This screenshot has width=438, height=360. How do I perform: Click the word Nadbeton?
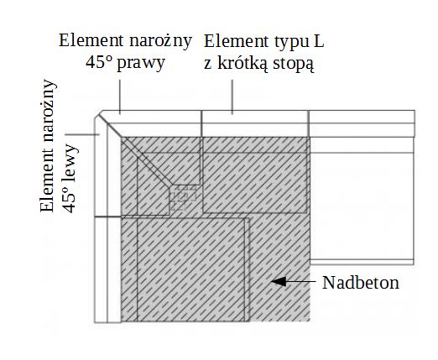point(361,283)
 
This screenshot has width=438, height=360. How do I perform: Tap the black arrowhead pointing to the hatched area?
point(279,281)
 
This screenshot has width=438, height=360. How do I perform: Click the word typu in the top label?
point(289,42)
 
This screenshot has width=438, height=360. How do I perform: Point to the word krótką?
point(242,64)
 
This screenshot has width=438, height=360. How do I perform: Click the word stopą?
point(294,65)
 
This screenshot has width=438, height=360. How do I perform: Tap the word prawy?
point(141,63)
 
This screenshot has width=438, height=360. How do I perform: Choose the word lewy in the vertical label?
point(71,157)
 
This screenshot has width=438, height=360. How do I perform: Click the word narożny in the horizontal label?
point(160,41)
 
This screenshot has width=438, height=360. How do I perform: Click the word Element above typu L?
point(236,41)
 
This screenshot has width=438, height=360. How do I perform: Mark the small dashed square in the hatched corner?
point(183,197)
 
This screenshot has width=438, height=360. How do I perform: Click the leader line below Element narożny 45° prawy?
point(120,97)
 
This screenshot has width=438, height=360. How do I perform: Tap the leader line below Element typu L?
point(232,97)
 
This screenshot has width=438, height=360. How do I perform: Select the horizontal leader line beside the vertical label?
point(82,134)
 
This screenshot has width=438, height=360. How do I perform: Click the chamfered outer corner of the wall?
point(98,114)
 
